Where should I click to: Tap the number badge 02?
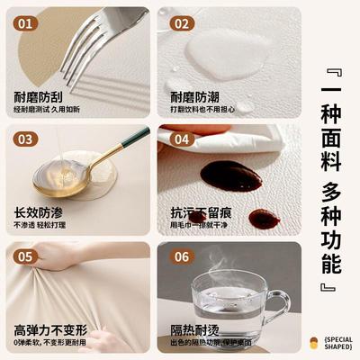point(183,24)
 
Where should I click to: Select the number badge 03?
point(27,139)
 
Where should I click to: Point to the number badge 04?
point(183,139)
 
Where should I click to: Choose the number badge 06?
point(183,256)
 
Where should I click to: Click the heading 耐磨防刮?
point(39,96)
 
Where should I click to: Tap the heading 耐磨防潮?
point(195,96)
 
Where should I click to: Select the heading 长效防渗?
point(39,212)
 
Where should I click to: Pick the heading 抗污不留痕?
point(201,212)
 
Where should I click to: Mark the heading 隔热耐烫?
point(195,328)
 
